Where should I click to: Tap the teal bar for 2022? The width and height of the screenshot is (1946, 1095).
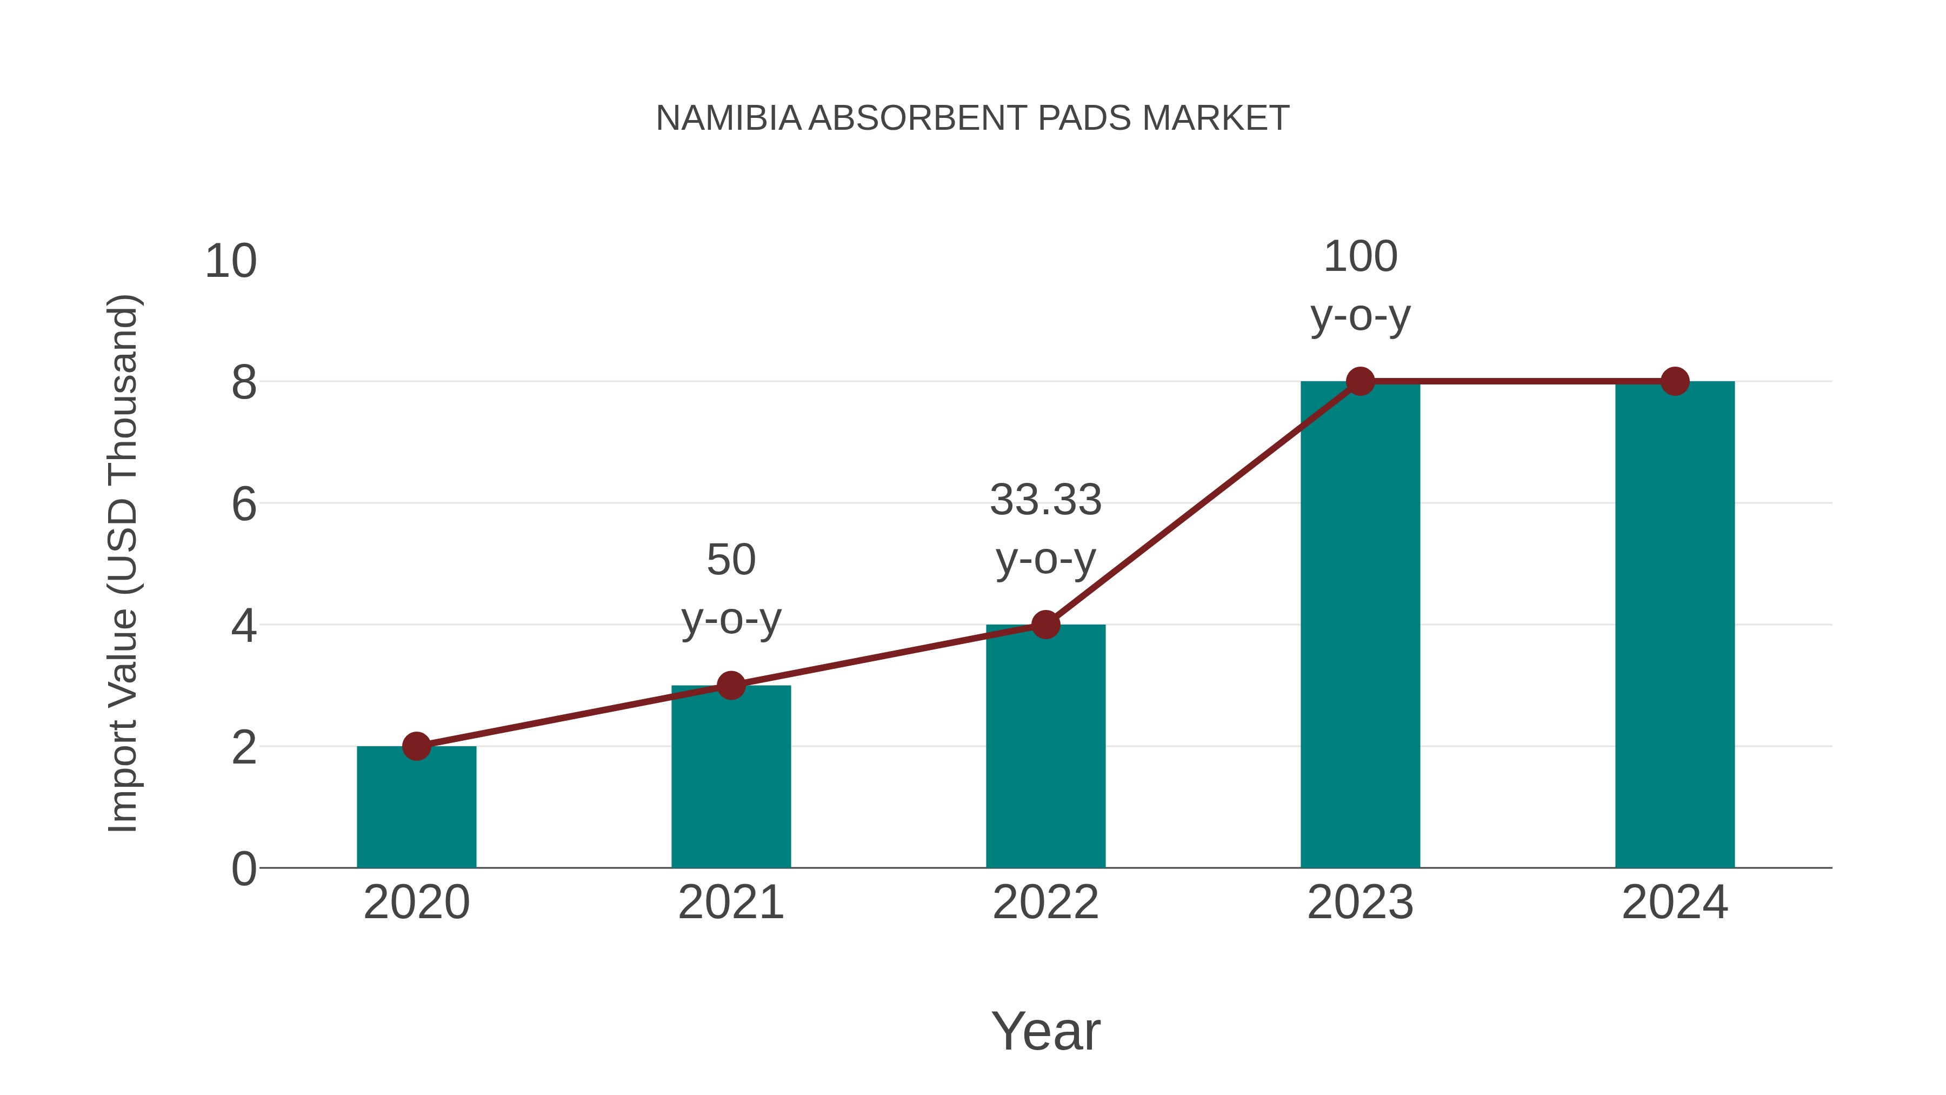coord(1045,748)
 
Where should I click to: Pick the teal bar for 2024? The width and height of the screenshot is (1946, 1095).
coord(1675,627)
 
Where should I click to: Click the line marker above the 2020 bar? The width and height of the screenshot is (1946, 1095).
coord(416,746)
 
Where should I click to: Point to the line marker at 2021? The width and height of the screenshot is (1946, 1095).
coord(730,686)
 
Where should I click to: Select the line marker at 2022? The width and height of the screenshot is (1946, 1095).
coord(1045,625)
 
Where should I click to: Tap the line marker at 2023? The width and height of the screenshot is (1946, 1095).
coord(1360,382)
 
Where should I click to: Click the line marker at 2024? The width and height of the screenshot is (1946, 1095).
coord(1675,382)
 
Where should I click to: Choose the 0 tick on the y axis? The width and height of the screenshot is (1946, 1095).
coord(244,869)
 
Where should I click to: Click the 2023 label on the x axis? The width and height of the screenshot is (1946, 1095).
coord(1360,902)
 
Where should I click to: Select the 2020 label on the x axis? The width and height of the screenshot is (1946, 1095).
coord(416,902)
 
